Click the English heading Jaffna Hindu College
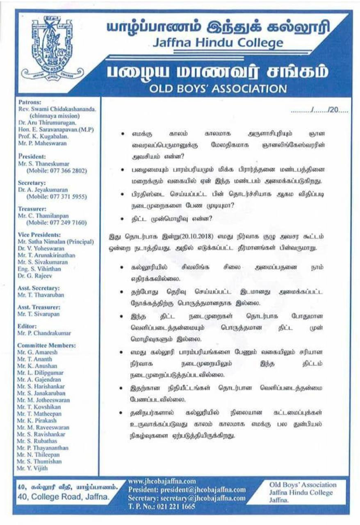[x=217, y=43]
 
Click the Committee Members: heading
[x=47, y=345]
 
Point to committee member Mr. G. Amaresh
[x=38, y=352]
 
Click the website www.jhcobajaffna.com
[x=162, y=481]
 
